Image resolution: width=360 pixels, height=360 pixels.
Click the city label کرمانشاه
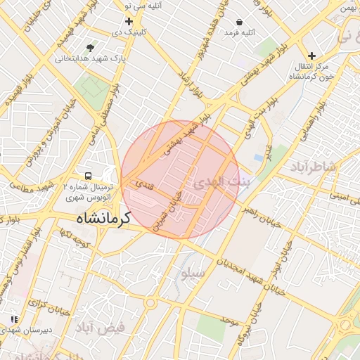[105, 218]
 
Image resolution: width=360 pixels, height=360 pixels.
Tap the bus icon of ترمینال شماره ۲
[89, 175]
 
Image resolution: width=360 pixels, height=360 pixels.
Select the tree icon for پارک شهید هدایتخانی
[90, 48]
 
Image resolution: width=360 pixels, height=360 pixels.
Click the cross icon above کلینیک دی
[129, 21]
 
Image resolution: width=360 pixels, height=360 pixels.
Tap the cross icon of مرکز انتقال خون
[312, 55]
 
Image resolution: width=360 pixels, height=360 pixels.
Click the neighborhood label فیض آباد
[102, 327]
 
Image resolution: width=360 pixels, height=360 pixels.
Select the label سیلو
[195, 274]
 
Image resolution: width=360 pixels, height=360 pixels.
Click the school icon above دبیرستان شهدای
[14, 319]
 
